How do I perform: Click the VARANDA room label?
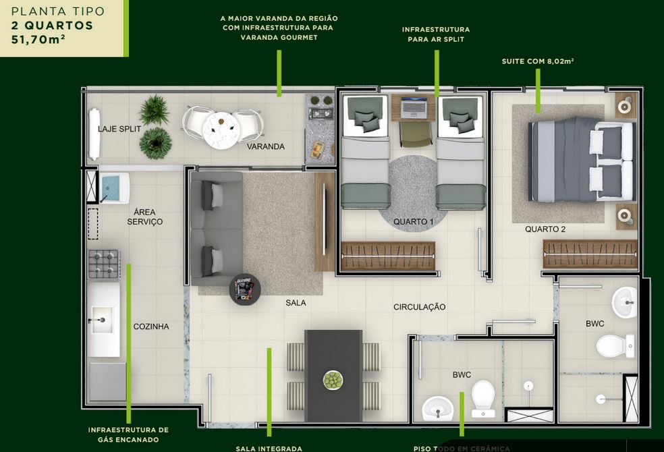[x=265, y=146]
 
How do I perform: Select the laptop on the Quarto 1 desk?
[x=414, y=107]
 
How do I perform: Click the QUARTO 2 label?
[x=545, y=229]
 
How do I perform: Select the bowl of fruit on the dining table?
[x=333, y=380]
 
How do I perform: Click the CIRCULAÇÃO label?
[x=420, y=307]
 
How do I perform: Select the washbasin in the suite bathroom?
[x=625, y=302]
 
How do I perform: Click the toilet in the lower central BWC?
[x=483, y=397]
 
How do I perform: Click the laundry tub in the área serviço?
[x=114, y=188]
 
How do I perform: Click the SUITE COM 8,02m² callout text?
[x=538, y=61]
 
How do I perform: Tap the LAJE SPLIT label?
[x=119, y=129]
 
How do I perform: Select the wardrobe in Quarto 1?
[x=388, y=256]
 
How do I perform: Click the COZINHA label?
[x=151, y=327]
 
